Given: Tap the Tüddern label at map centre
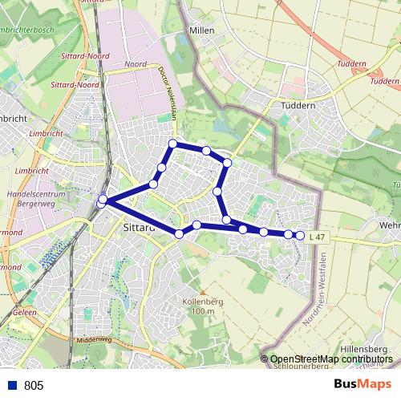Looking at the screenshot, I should click(x=295, y=105).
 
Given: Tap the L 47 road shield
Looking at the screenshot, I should click(x=318, y=237).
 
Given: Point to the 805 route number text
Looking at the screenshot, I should click(x=34, y=385).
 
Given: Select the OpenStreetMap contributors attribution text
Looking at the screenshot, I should click(x=330, y=359).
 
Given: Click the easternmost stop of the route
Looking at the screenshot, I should click(x=300, y=235).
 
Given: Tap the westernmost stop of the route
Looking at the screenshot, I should click(x=102, y=201).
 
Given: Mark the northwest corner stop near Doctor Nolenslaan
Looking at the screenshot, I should click(x=172, y=144).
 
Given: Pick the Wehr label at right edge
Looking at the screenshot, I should click(x=390, y=227).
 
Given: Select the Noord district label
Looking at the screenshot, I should click(x=136, y=63).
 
